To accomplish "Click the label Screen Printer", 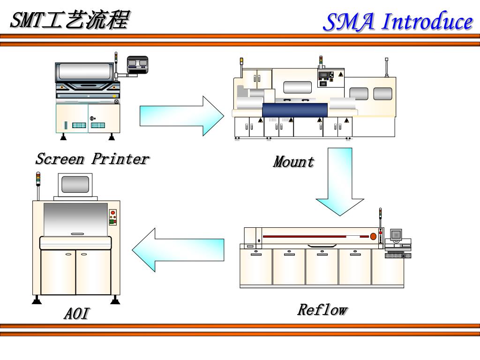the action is (92, 159).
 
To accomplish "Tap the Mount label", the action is (293, 161).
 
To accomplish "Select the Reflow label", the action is (322, 309).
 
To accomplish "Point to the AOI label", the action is (77, 313).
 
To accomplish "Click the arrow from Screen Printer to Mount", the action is (182, 116).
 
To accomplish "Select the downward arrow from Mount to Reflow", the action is (340, 182).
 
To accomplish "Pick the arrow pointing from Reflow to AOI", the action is (178, 250).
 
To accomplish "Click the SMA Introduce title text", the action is (398, 22).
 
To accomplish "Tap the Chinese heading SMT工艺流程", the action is (70, 20).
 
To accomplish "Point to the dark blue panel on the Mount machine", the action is (295, 110).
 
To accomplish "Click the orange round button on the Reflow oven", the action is (373, 236).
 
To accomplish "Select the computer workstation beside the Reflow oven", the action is (397, 243).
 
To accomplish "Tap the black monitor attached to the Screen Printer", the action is (137, 65).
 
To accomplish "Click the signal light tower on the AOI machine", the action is (38, 186).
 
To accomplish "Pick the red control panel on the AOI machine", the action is (112, 217).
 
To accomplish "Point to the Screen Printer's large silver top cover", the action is (85, 71).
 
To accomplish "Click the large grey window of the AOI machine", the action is (75, 219).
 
